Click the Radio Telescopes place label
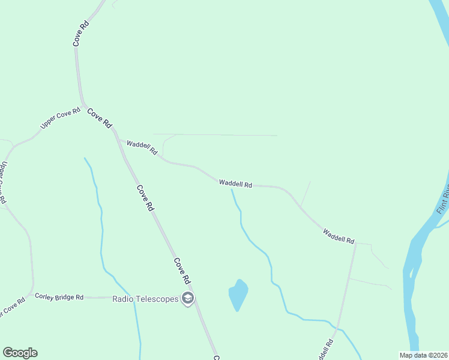[x=146, y=299]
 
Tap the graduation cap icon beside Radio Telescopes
[x=188, y=299]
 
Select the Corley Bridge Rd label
[x=59, y=296]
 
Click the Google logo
[x=20, y=353]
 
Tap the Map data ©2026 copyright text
[x=423, y=355]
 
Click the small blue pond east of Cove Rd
[x=238, y=294]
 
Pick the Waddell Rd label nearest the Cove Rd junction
[x=142, y=148]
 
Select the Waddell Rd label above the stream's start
[x=235, y=184]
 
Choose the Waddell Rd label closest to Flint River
[x=339, y=236]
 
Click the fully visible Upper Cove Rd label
[x=60, y=118]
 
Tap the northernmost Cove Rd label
[x=81, y=34]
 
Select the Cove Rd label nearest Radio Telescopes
[x=182, y=271]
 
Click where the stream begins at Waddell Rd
[x=232, y=190]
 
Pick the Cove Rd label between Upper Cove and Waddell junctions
[x=100, y=118]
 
